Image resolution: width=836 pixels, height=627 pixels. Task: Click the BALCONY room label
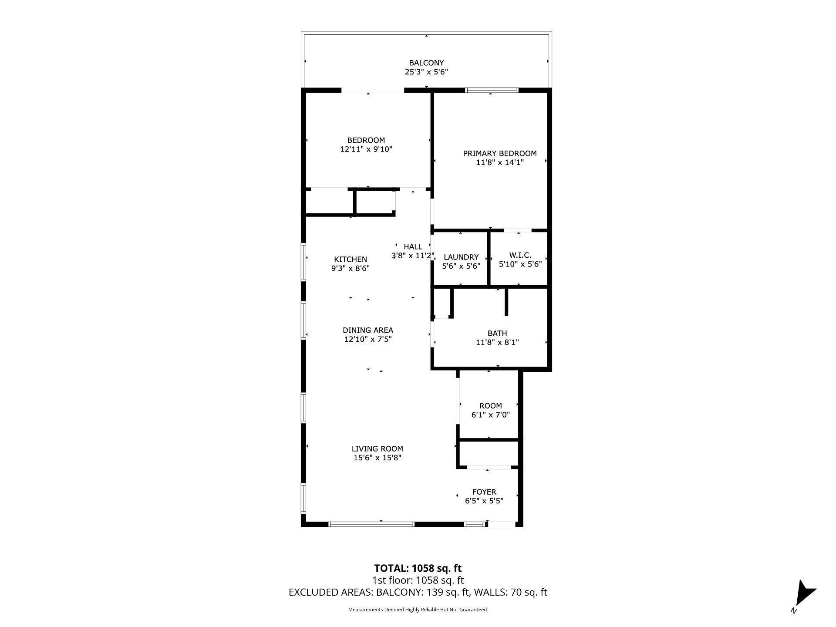click(426, 63)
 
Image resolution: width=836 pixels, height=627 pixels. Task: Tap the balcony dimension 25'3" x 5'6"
click(426, 72)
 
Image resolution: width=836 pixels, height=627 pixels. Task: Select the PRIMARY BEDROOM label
click(499, 153)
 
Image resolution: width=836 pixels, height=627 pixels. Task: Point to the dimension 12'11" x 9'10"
click(366, 149)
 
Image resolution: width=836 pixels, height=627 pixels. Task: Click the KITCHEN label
click(351, 260)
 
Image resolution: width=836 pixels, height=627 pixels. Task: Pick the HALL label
click(413, 247)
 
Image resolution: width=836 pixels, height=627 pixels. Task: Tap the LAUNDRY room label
click(461, 257)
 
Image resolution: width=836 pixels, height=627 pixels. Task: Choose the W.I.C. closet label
click(520, 255)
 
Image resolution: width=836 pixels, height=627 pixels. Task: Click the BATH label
click(497, 334)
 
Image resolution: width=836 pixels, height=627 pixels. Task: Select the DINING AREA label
click(368, 330)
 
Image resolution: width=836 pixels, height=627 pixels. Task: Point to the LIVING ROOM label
click(378, 449)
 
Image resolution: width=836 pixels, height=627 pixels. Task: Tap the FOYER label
click(484, 492)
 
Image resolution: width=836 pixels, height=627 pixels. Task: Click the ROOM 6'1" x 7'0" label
click(491, 406)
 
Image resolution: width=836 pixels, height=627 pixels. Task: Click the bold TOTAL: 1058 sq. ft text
click(418, 568)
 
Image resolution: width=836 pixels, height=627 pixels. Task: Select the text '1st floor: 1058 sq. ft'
click(418, 580)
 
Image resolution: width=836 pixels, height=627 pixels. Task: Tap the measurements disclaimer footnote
click(418, 610)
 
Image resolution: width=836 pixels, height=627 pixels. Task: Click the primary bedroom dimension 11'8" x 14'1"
click(499, 162)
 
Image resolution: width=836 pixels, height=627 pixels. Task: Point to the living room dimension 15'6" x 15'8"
click(378, 458)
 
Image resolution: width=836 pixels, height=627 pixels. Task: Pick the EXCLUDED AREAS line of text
click(418, 592)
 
